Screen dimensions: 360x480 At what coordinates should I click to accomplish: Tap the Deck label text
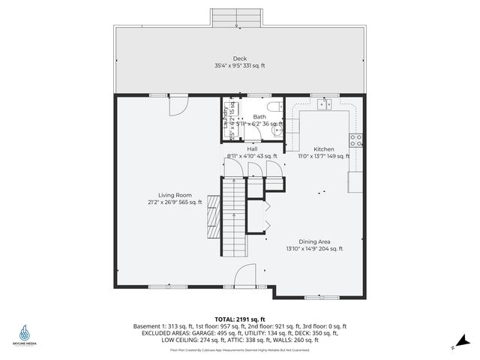click(239, 59)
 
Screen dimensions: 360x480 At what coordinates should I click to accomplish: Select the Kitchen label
click(324, 149)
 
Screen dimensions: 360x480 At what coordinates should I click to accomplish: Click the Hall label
click(252, 149)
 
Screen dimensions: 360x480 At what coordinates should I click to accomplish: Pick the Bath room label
click(259, 117)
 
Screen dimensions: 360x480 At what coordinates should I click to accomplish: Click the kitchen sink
click(324, 105)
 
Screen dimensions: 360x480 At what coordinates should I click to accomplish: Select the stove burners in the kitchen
click(356, 139)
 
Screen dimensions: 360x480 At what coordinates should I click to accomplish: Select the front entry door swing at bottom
click(244, 276)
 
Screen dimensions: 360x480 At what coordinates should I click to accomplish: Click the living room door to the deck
click(177, 106)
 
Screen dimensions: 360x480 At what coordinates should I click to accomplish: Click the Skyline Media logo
click(25, 334)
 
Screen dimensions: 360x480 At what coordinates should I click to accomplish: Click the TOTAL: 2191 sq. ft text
click(240, 319)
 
